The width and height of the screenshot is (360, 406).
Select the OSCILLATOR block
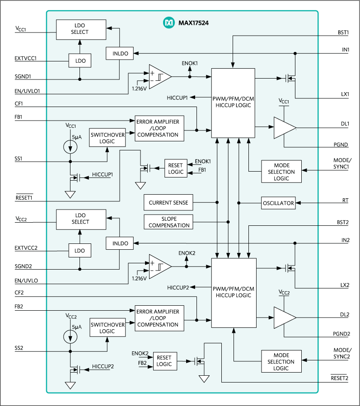point(278,203)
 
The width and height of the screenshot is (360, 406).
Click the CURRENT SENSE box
point(168,203)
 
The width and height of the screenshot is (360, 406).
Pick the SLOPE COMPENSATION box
point(168,222)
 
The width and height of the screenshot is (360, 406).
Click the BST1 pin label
point(343,33)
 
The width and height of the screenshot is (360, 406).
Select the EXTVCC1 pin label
point(25,59)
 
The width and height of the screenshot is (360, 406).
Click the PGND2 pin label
point(341,334)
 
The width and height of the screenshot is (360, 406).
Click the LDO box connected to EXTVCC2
point(79,250)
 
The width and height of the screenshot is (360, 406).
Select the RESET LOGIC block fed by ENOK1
point(176,168)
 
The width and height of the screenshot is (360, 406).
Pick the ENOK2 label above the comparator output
point(187,253)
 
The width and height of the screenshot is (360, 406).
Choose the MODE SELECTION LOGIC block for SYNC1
point(281,172)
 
